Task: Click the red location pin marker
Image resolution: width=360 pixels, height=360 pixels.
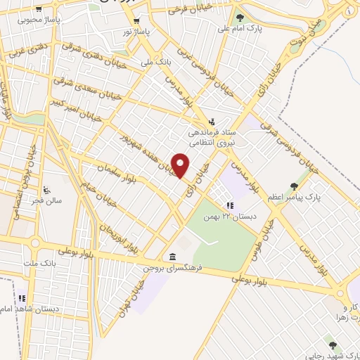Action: (x=180, y=166)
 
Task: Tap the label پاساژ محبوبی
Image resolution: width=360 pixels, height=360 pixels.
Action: (x=40, y=19)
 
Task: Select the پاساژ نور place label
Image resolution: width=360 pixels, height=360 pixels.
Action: (x=137, y=32)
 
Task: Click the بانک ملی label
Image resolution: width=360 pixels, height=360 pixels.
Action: (x=156, y=62)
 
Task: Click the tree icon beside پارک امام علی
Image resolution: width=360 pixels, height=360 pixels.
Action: (x=240, y=18)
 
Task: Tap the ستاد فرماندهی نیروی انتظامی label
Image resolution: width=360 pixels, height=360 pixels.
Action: (x=215, y=137)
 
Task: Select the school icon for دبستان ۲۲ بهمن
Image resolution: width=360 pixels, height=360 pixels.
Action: (x=229, y=205)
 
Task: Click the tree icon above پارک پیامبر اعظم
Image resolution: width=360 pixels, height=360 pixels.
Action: (x=294, y=186)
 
